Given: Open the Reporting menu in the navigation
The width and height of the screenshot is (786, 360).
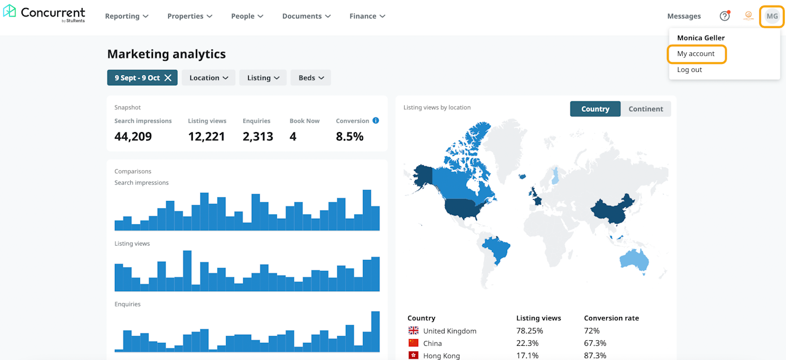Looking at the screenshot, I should (x=126, y=16).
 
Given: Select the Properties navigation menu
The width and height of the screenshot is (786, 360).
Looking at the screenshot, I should (x=190, y=16).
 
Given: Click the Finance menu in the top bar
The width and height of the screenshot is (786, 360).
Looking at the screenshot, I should (x=367, y=16).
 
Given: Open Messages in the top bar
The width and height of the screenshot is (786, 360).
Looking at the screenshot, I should (x=683, y=16).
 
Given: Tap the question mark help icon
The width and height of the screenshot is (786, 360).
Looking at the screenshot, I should (x=725, y=16).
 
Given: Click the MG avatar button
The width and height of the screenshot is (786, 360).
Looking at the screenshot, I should (x=772, y=16).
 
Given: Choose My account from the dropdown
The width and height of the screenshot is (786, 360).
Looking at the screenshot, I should (x=696, y=54).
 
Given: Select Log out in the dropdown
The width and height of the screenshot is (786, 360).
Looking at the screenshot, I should (x=690, y=70).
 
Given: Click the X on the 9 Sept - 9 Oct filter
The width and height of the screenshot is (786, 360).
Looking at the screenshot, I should (x=168, y=78).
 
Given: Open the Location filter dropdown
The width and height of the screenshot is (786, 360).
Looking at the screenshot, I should (x=208, y=78).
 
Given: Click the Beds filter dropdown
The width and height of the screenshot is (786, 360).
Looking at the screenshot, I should (x=311, y=78).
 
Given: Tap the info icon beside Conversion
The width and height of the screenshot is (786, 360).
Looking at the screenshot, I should (x=376, y=120).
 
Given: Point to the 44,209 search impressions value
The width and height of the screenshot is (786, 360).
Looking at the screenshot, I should (x=133, y=136).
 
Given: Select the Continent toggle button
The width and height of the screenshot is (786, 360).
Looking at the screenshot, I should (x=645, y=109).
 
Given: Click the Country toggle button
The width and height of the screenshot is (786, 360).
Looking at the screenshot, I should (x=595, y=109).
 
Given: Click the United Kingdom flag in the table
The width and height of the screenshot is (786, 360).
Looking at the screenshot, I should (x=413, y=331).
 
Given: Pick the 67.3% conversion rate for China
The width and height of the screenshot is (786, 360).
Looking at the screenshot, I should (x=595, y=343).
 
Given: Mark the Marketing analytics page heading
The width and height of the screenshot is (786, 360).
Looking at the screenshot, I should (x=166, y=54).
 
